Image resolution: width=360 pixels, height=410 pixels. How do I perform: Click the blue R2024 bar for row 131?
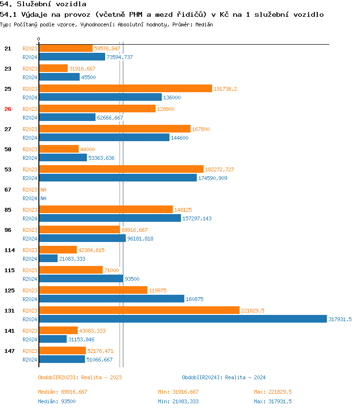tap(182, 319)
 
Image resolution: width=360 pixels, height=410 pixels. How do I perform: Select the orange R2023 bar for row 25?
tap(125, 89)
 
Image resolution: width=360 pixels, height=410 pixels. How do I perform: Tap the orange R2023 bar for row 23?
tap(53, 69)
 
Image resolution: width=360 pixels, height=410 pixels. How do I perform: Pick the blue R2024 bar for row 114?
tap(48, 258)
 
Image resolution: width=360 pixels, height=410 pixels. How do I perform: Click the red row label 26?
tap(8, 109)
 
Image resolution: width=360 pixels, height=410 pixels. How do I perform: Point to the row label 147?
tap(9, 351)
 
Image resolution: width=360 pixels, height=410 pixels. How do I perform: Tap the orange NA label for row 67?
tap(43, 190)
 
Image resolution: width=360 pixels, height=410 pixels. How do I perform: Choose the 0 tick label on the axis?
tap(39, 39)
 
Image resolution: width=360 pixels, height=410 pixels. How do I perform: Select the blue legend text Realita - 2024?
tap(245, 377)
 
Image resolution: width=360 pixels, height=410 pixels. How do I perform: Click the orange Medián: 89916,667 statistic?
tap(62, 392)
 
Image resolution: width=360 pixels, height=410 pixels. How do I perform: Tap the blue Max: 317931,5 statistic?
tap(273, 401)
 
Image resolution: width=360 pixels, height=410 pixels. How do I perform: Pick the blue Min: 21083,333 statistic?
tap(178, 401)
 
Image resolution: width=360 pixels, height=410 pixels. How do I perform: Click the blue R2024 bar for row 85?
tap(110, 218)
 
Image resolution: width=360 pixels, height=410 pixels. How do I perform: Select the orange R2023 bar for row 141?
tap(58, 331)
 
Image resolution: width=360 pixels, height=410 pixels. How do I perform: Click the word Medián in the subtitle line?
tap(204, 24)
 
